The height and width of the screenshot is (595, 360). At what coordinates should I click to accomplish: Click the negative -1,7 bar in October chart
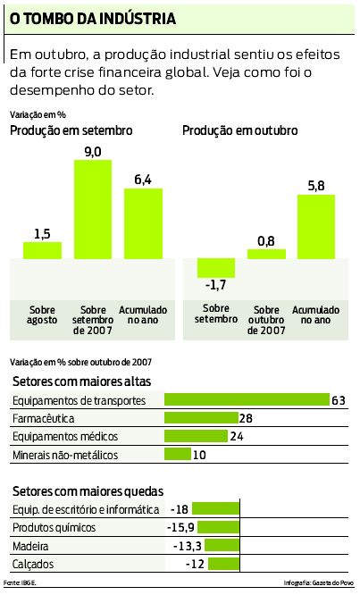pyautogui.click(x=214, y=267)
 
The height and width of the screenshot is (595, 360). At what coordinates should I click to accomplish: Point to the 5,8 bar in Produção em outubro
pyautogui.click(x=316, y=226)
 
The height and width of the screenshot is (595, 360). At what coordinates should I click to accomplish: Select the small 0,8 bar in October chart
pyautogui.click(x=265, y=254)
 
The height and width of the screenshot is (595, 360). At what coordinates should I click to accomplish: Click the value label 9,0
pyautogui.click(x=93, y=152)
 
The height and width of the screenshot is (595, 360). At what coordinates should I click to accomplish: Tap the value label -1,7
pyautogui.click(x=214, y=285)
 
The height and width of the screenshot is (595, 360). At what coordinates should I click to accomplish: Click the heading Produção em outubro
pyautogui.click(x=239, y=130)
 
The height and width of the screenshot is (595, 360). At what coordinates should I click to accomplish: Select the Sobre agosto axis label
pyautogui.click(x=42, y=314)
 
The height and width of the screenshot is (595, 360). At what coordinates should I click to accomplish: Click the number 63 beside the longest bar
pyautogui.click(x=338, y=400)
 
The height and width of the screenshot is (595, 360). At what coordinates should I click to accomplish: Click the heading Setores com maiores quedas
pyautogui.click(x=87, y=490)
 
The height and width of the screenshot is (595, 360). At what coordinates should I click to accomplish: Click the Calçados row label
pyautogui.click(x=32, y=565)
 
